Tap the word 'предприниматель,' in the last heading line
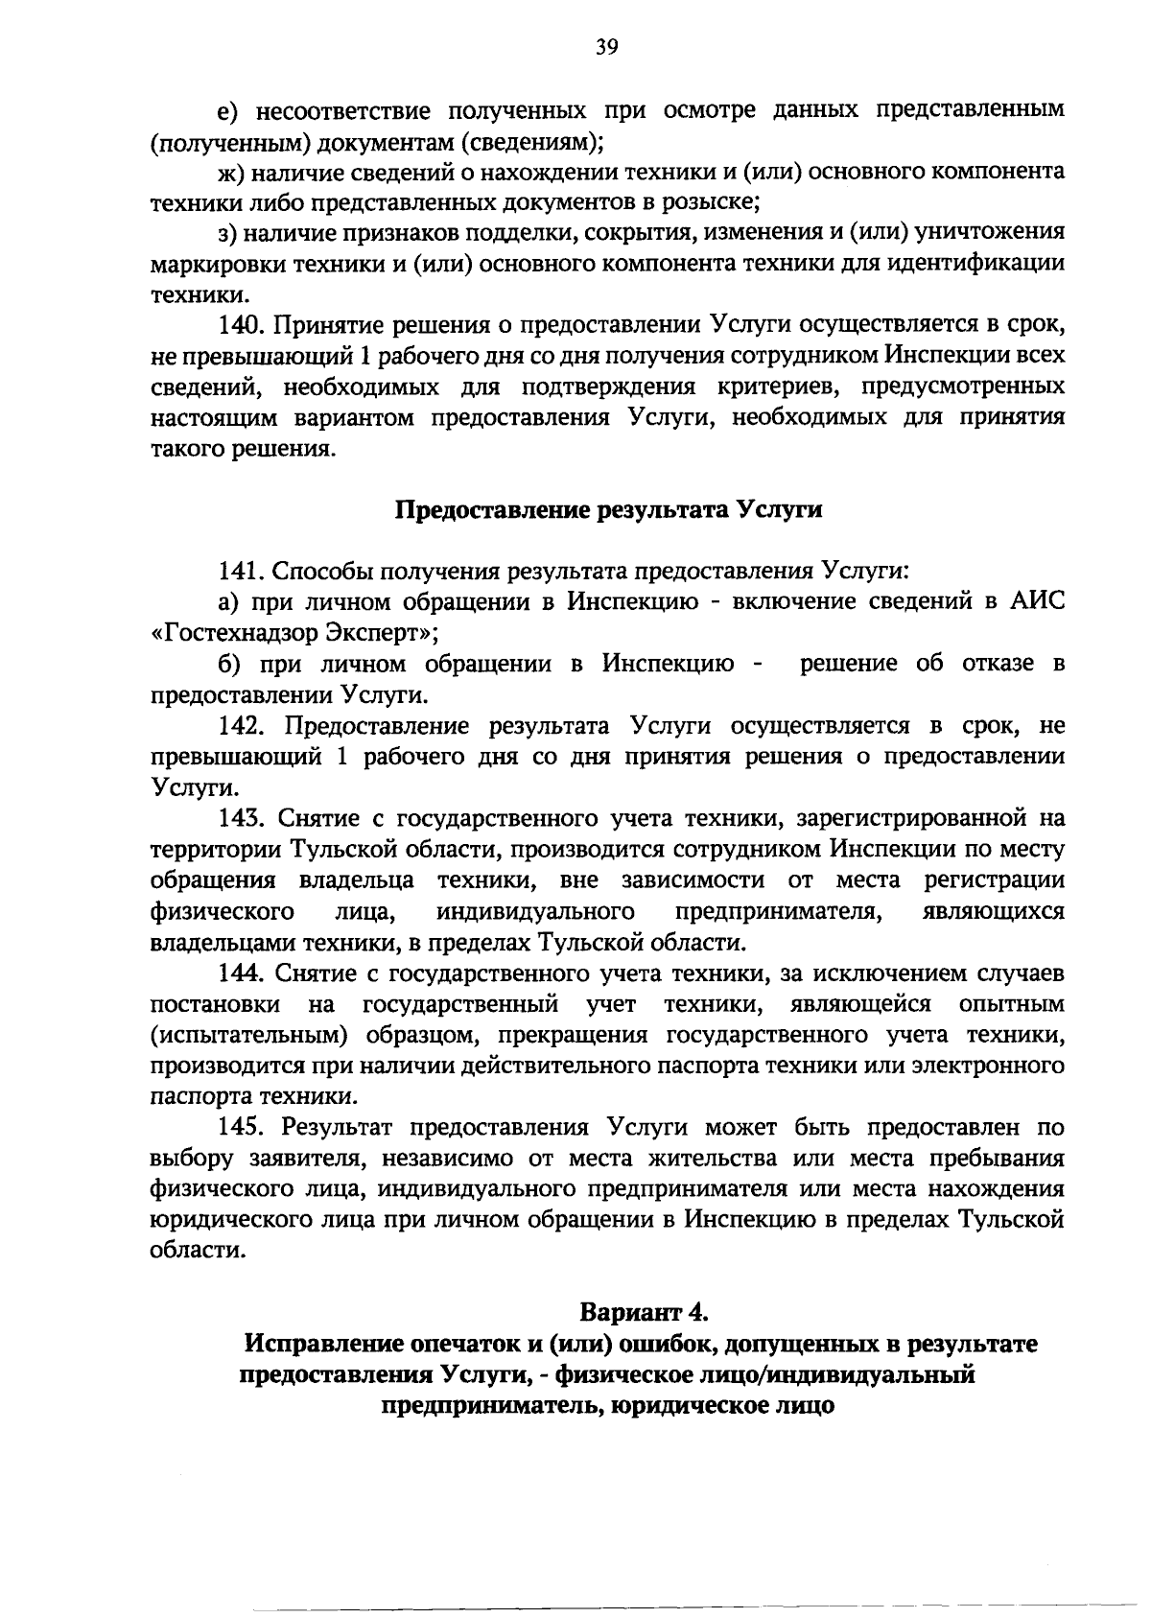[x=494, y=1405]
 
